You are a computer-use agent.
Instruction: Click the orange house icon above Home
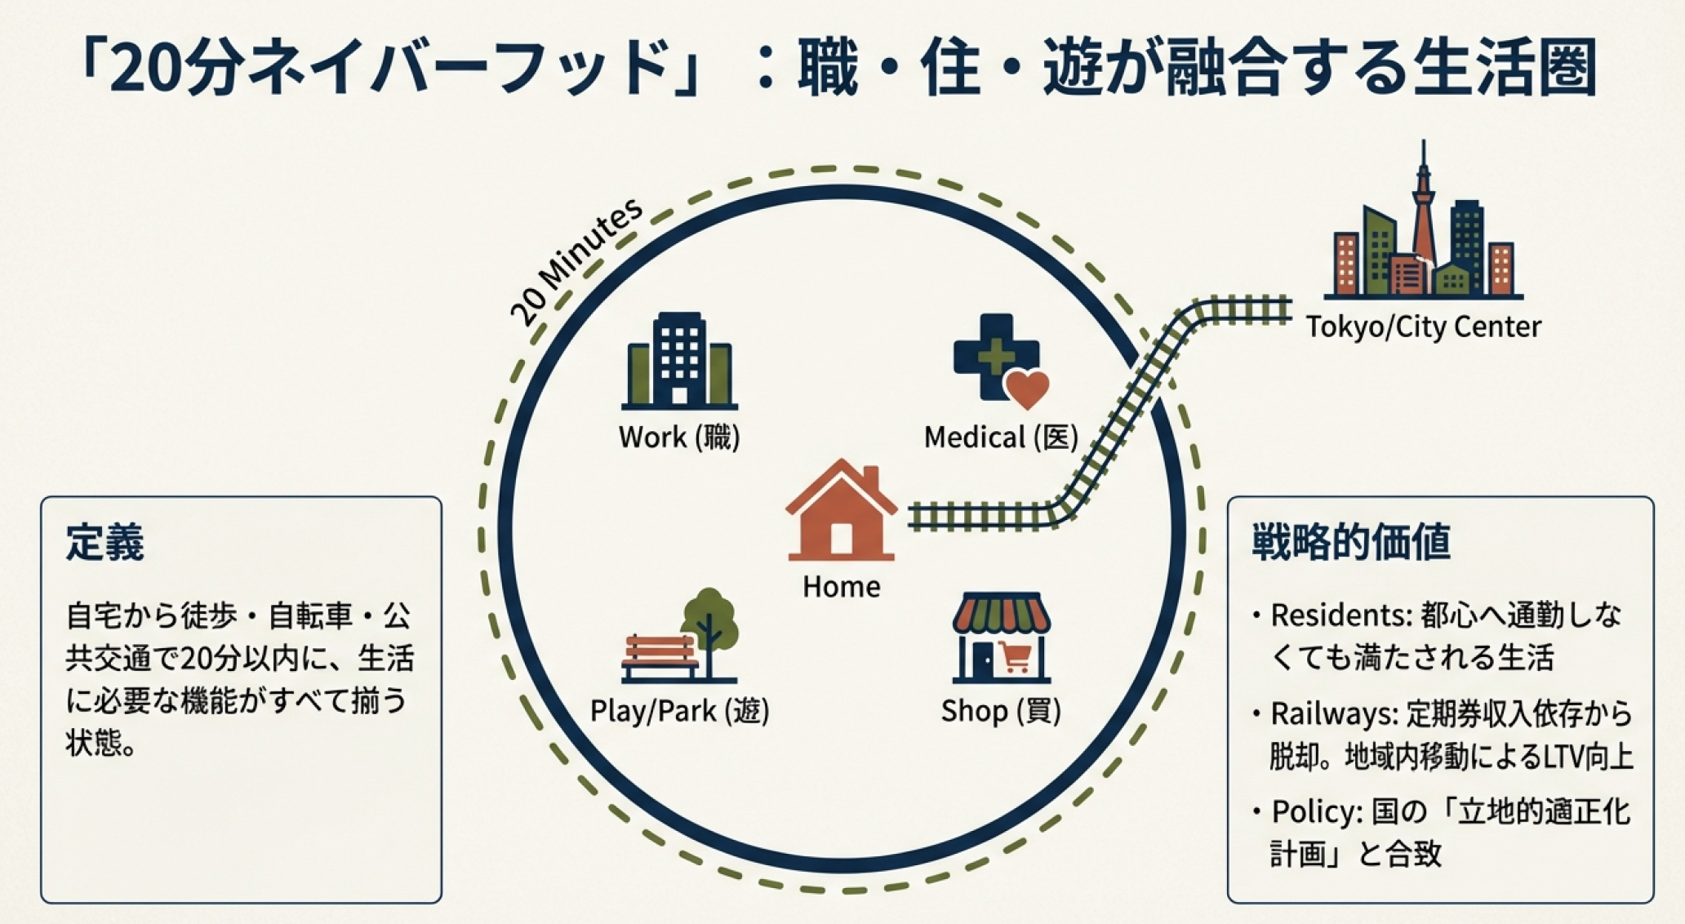pyautogui.click(x=841, y=512)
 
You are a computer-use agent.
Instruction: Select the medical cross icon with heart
pyautogui.click(x=998, y=359)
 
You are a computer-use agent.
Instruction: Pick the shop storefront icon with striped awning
pyautogui.click(x=1001, y=637)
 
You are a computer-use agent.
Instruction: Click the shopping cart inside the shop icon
pyautogui.click(x=1015, y=657)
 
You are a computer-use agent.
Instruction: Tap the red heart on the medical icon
pyautogui.click(x=1026, y=389)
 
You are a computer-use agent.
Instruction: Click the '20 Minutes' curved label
pyautogui.click(x=575, y=261)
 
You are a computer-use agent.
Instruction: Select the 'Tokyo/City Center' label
pyautogui.click(x=1423, y=327)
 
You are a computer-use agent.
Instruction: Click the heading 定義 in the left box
pyautogui.click(x=105, y=542)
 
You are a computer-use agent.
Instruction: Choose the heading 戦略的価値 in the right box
pyautogui.click(x=1350, y=542)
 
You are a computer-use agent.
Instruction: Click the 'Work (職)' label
pyautogui.click(x=679, y=438)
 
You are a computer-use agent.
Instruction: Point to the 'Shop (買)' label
pyautogui.click(x=1001, y=711)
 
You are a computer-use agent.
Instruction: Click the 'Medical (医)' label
pyautogui.click(x=1001, y=438)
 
